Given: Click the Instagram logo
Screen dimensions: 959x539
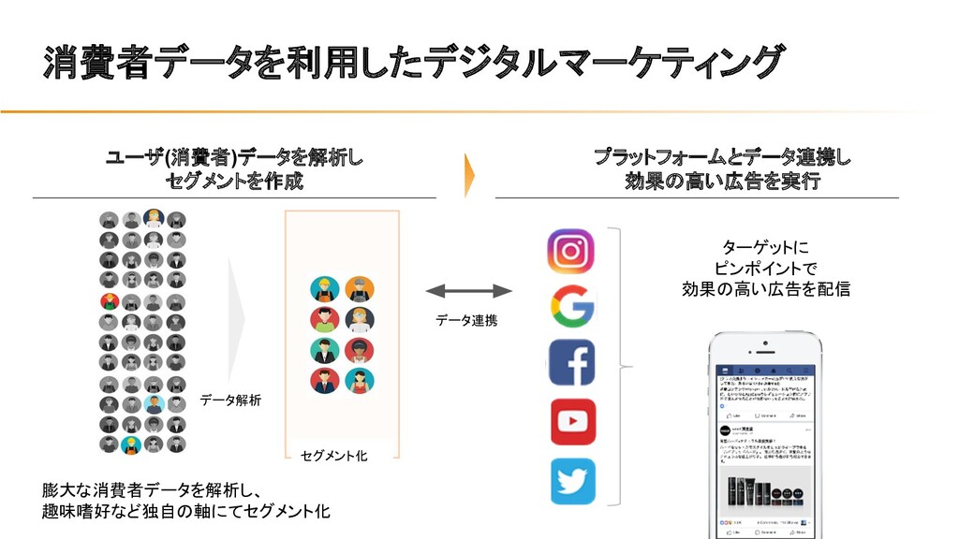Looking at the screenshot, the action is coord(571,252).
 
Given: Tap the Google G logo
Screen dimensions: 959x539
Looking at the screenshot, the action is coord(571,306).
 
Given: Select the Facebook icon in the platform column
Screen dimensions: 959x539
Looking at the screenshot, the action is coord(571,363).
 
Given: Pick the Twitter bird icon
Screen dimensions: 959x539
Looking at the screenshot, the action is coord(571,480).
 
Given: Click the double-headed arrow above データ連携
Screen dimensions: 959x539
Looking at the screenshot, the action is coord(468,291).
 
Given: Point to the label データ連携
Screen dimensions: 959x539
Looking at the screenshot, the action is coord(466,321).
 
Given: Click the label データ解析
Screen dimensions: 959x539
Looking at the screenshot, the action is coord(230,401).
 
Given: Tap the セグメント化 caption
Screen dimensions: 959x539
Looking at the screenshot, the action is coord(333,456).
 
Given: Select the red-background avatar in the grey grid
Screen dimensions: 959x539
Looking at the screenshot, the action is coord(111,301).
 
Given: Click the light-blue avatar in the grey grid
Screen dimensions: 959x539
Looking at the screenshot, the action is coord(154,404).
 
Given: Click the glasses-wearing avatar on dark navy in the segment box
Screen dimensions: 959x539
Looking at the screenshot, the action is coord(360,320).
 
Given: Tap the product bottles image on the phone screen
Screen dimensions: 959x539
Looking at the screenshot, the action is coord(763,490).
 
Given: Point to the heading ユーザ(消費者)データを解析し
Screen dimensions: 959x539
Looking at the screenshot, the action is coord(234,157).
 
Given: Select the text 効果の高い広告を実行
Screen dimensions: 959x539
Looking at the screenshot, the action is coord(722,181).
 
